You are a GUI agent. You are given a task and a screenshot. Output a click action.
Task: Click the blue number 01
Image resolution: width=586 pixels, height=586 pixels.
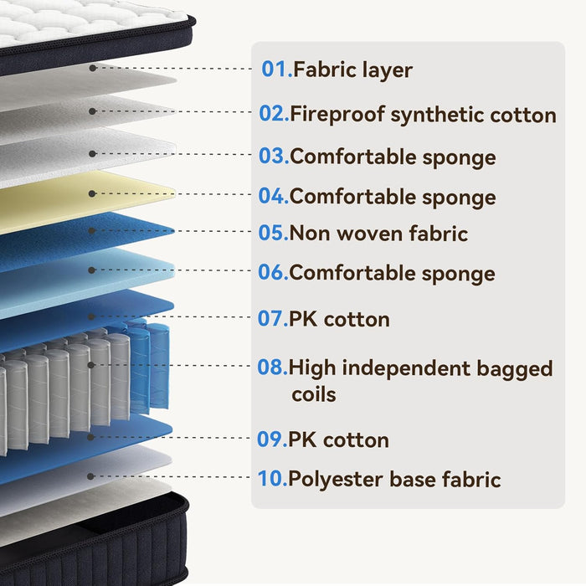click(x=276, y=69)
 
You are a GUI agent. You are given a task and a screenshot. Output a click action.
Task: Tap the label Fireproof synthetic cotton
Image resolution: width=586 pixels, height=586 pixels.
click(x=423, y=115)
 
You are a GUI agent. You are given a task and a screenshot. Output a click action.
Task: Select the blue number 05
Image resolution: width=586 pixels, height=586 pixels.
click(x=273, y=233)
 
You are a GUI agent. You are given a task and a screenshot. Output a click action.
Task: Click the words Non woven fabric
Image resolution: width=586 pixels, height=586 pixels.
click(x=378, y=233)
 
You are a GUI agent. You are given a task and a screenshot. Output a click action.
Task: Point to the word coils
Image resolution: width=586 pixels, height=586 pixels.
click(x=314, y=394)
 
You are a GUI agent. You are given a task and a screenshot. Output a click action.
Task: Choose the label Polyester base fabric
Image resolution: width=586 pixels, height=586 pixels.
click(x=394, y=479)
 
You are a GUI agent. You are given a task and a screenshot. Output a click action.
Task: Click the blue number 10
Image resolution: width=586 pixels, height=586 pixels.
click(x=272, y=478)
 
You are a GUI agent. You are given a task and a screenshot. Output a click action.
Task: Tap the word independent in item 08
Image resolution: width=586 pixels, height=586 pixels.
click(x=406, y=368)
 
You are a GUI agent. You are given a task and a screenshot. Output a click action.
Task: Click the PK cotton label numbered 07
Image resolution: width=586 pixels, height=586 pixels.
click(x=339, y=319)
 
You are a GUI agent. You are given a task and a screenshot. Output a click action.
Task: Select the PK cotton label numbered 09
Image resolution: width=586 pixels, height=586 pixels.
click(x=338, y=439)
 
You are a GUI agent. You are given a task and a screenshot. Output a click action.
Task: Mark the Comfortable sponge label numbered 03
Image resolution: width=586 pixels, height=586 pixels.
click(x=393, y=157)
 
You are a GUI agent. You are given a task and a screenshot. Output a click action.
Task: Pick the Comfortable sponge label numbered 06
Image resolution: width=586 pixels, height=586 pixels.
click(x=392, y=273)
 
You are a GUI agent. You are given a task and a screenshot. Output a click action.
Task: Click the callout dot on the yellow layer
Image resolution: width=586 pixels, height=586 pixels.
click(x=92, y=193)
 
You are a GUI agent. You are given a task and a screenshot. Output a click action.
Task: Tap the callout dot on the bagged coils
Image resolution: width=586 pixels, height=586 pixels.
click(x=90, y=365)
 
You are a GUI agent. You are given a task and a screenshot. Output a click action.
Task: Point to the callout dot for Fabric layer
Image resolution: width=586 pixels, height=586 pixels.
click(x=93, y=68)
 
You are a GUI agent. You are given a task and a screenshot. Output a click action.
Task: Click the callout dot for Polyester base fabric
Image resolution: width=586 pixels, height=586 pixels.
click(x=90, y=476)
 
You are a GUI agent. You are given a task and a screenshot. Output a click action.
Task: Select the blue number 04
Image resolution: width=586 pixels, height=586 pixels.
click(x=273, y=196)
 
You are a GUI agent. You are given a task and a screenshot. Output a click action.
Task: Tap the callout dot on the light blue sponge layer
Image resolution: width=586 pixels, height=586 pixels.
click(x=91, y=270)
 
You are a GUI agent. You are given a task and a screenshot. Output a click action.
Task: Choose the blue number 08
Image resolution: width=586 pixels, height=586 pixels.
click(x=272, y=367)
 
